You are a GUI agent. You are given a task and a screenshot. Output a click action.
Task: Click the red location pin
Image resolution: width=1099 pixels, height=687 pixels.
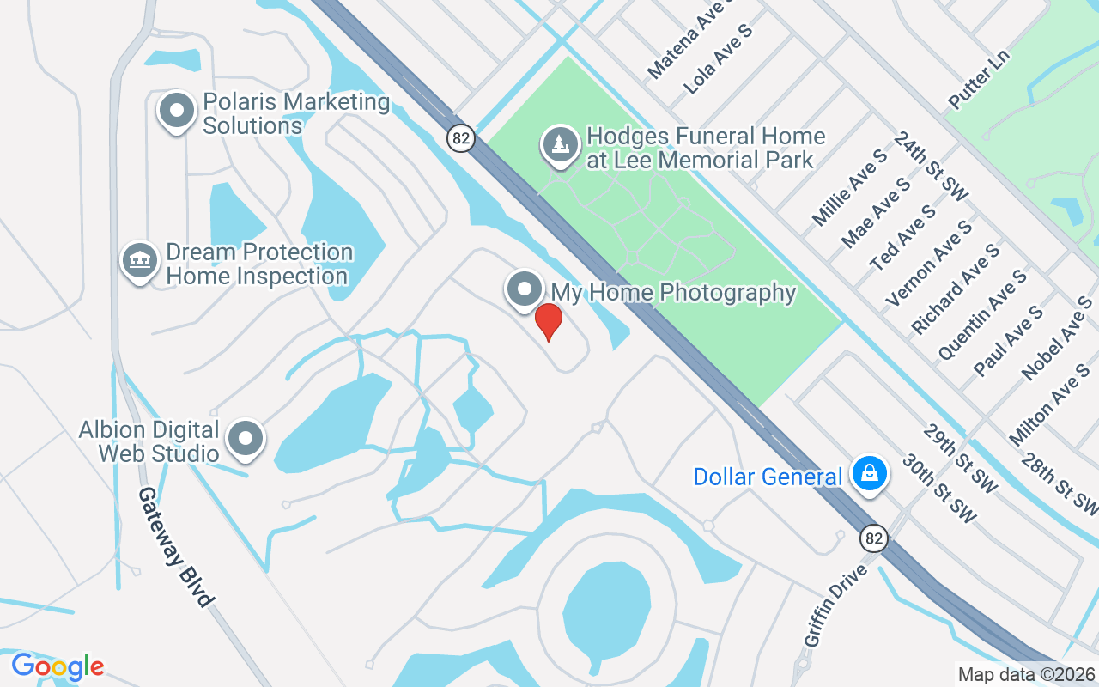tap(549, 322)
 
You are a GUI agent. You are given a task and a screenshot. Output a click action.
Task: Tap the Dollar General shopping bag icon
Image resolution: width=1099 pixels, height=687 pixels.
tap(870, 473)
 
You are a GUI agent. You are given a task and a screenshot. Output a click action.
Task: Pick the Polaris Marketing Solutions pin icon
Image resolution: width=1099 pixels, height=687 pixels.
tap(178, 111)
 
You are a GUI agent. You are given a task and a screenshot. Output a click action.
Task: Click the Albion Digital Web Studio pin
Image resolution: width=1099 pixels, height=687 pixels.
tap(246, 438)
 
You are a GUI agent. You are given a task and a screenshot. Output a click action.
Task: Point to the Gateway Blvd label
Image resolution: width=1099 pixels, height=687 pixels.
tap(174, 547)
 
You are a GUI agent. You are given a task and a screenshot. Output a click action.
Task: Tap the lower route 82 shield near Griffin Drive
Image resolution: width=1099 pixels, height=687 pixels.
tap(874, 538)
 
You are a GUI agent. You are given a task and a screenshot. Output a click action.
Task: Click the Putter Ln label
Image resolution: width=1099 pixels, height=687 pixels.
tap(979, 79)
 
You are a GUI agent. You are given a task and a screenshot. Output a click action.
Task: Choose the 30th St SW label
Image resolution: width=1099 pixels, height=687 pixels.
tap(939, 488)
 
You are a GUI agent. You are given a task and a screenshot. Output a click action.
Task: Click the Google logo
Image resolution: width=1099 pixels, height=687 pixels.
tap(58, 666)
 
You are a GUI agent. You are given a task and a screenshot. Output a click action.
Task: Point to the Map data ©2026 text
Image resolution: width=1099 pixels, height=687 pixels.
tap(1027, 675)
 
